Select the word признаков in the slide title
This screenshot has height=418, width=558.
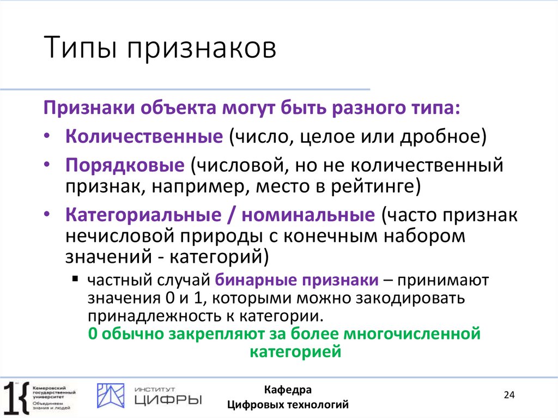click(202, 50)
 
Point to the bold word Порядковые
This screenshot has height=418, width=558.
click(126, 164)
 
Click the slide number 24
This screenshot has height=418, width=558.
click(510, 395)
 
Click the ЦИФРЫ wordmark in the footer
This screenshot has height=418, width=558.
click(167, 399)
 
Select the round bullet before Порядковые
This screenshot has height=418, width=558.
click(49, 165)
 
